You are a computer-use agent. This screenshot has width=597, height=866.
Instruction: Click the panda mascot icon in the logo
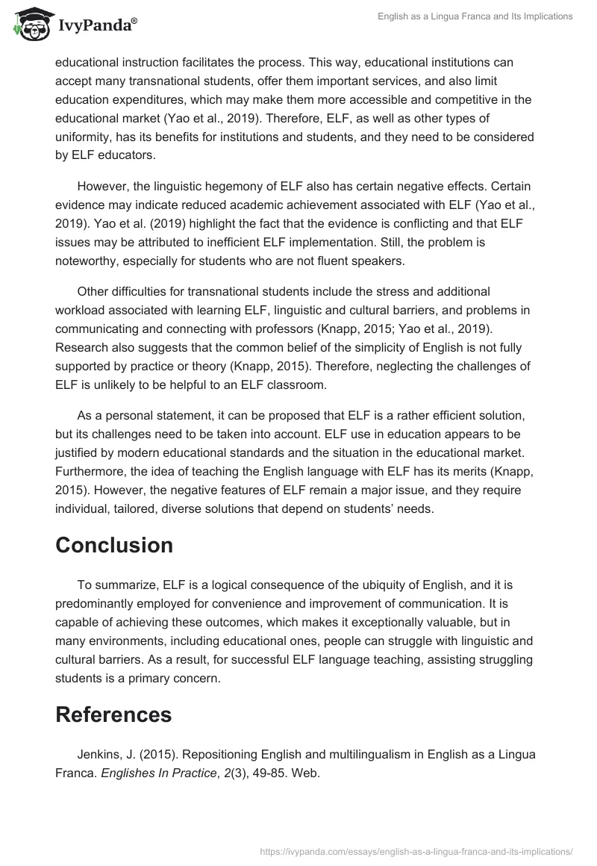tap(30, 24)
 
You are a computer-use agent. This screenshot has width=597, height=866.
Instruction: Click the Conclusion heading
tap(114, 545)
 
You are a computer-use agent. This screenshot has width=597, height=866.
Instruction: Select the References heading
tap(113, 714)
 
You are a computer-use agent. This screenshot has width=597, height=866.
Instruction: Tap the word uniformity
tap(85, 137)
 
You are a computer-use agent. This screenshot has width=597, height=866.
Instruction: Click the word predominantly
tap(104, 605)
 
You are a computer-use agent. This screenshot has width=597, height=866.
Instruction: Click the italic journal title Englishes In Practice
tap(169, 773)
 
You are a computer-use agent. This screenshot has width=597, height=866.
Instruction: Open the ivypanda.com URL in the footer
tap(416, 850)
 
